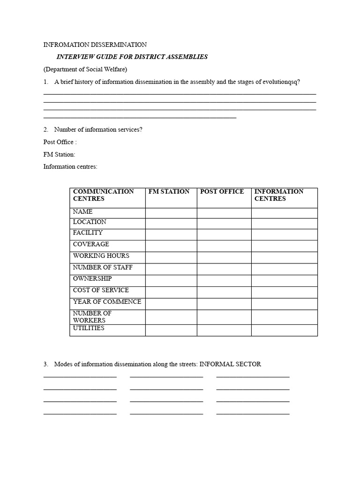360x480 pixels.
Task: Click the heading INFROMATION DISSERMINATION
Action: coord(95,45)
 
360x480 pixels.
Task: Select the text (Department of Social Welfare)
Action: coord(85,69)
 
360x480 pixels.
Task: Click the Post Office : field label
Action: coord(60,142)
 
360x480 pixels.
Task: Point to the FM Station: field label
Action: coord(59,154)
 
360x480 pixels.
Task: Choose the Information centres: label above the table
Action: coord(70,166)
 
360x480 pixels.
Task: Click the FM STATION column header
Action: coord(169,192)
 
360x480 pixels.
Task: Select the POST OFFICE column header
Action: coord(222,192)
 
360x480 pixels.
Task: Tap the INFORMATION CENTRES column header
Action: coord(278,195)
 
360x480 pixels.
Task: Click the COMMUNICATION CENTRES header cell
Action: coord(103,195)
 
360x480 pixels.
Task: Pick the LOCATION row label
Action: coord(90,222)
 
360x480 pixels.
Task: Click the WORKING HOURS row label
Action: coord(101,256)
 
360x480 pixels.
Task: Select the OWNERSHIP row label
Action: coord(92,279)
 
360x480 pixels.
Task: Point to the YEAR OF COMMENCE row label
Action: coord(107,302)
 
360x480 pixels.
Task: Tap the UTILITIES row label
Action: coord(89,328)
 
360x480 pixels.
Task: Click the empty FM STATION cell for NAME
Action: coord(171,213)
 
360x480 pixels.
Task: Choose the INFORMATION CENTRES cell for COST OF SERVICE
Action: coord(284,292)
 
